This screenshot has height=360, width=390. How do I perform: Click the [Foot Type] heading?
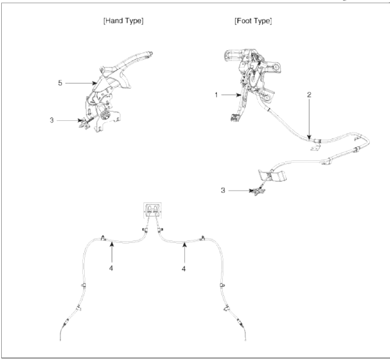[253, 22]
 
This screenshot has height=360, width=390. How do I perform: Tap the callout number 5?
[60, 83]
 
